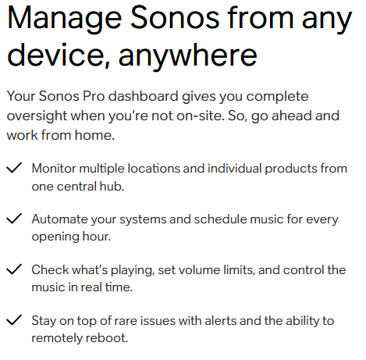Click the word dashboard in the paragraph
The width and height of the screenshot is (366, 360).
144,96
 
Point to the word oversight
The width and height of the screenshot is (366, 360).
37,116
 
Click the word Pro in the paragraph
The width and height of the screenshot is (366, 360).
94,96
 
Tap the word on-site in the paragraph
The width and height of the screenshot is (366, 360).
201,116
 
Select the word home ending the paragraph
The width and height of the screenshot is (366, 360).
94,135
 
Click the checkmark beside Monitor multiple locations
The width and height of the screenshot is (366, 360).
14,168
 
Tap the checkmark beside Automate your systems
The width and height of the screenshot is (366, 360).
14,219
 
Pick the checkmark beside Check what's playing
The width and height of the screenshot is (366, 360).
14,269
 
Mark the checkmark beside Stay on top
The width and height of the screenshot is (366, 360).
14,320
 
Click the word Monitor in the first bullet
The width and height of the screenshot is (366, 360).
54,169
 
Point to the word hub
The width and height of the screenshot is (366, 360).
112,187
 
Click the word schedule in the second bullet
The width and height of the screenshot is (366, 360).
221,219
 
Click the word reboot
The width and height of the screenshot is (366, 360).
107,338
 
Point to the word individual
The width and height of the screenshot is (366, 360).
234,169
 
